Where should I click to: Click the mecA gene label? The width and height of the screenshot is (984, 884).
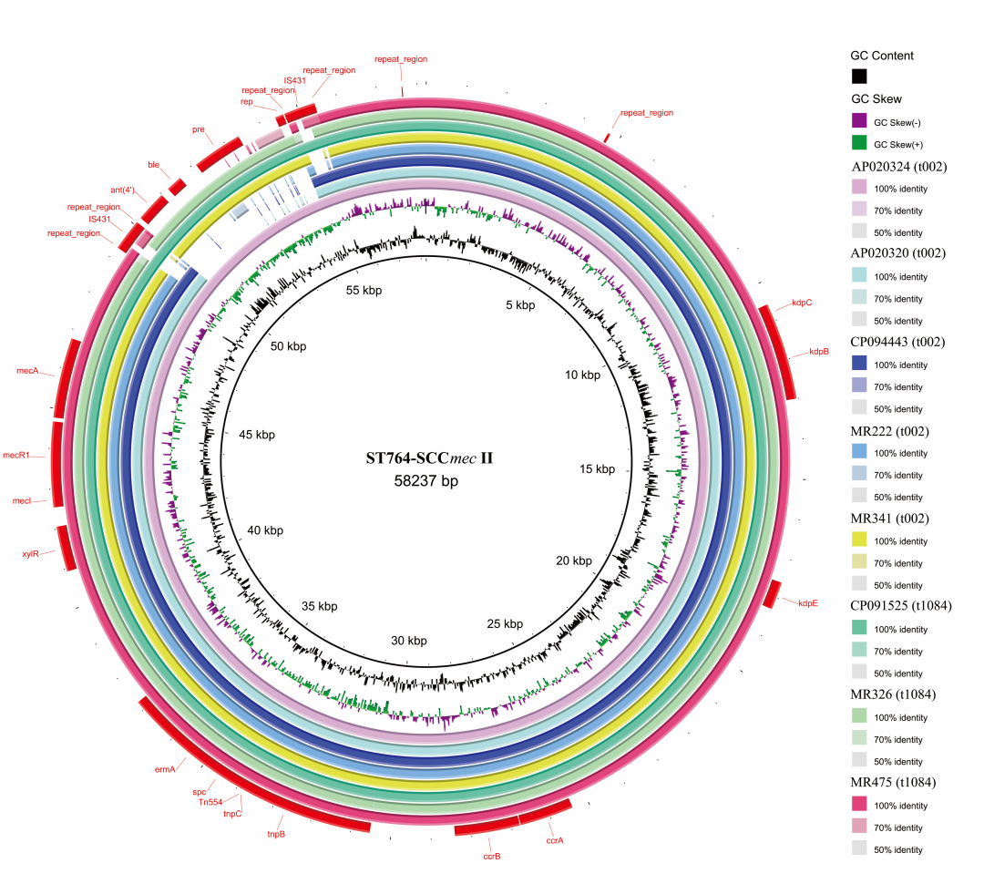[27, 370]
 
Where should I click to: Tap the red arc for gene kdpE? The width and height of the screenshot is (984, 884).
[772, 594]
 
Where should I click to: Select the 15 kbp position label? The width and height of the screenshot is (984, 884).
[597, 469]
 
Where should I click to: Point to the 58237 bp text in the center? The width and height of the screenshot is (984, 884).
[426, 481]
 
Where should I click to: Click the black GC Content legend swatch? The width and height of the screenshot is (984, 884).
[859, 76]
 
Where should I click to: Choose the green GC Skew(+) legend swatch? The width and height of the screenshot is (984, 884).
[859, 142]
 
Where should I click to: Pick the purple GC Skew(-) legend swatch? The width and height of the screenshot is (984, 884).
[859, 120]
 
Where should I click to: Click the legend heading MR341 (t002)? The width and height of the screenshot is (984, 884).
[889, 519]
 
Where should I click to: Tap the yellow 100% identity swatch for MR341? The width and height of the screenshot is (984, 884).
[859, 540]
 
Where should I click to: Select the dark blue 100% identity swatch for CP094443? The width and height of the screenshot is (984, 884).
[859, 363]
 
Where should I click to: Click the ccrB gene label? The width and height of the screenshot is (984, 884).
[492, 857]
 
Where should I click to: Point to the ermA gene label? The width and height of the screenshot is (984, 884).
[165, 769]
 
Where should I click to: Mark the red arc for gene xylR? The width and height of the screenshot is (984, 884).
[67, 548]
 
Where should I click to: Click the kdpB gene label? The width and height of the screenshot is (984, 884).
[819, 352]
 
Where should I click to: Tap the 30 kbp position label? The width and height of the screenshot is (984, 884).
[408, 641]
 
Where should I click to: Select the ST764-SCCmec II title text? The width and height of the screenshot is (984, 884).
[429, 458]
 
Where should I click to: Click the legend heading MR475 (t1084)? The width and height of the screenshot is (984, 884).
[892, 782]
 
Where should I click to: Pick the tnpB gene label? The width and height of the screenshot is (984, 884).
[276, 834]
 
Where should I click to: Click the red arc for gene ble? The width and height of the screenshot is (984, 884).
[178, 187]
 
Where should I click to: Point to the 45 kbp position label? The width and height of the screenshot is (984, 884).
[257, 435]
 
